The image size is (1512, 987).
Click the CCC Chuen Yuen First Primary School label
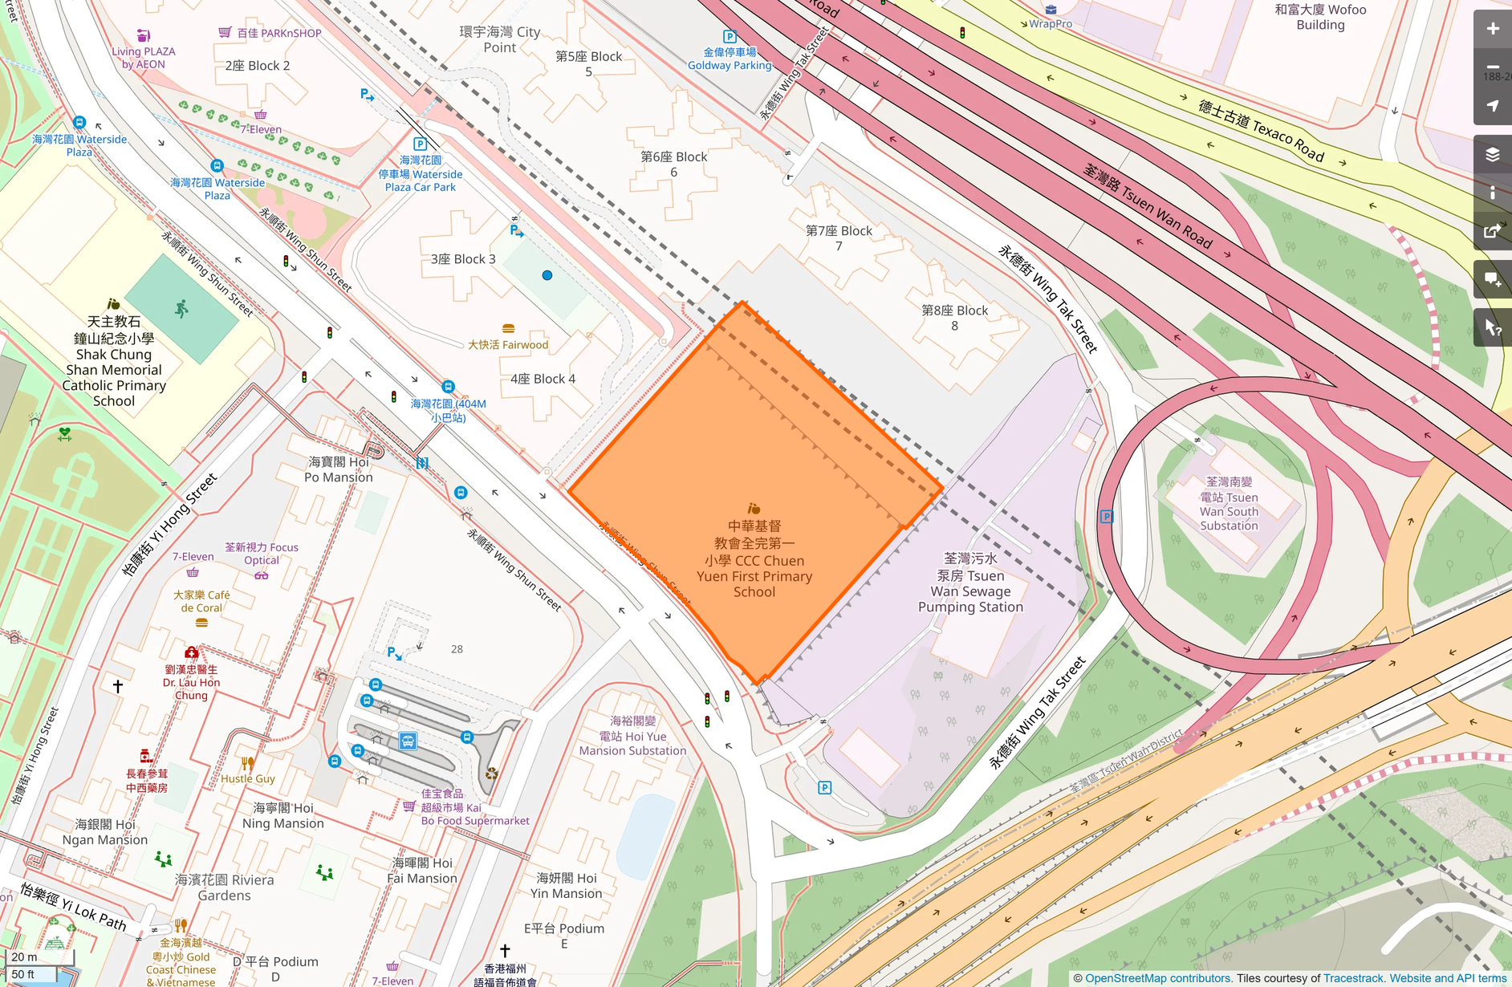pyautogui.click(x=754, y=559)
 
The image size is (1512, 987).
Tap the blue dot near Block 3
pyautogui.click(x=547, y=275)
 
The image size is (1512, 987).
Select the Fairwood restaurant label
pyautogui.click(x=508, y=344)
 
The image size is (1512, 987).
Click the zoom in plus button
pyautogui.click(x=1492, y=29)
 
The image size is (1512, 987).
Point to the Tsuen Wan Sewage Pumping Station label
pyautogui.click(x=970, y=583)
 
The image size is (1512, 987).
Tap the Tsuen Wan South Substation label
pyautogui.click(x=1229, y=504)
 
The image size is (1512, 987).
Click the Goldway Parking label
pyautogui.click(x=730, y=59)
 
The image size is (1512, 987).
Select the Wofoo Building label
pyautogui.click(x=1320, y=17)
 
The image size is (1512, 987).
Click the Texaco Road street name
pyautogui.click(x=1261, y=129)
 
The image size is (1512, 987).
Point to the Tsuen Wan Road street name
pyautogui.click(x=1148, y=205)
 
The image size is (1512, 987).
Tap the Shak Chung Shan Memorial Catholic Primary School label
pyautogui.click(x=114, y=361)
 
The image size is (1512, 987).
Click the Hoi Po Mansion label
pyautogui.click(x=339, y=469)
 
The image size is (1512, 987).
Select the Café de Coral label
pyautogui.click(x=201, y=601)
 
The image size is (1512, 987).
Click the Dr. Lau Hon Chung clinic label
pyautogui.click(x=191, y=682)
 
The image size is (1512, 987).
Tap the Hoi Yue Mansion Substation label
pyautogui.click(x=632, y=736)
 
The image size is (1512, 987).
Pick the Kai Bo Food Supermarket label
pyautogui.click(x=474, y=807)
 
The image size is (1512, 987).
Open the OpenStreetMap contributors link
pyautogui.click(x=1157, y=978)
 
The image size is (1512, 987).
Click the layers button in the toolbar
pyautogui.click(x=1492, y=154)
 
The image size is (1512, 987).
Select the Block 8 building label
pyautogui.click(x=954, y=318)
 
